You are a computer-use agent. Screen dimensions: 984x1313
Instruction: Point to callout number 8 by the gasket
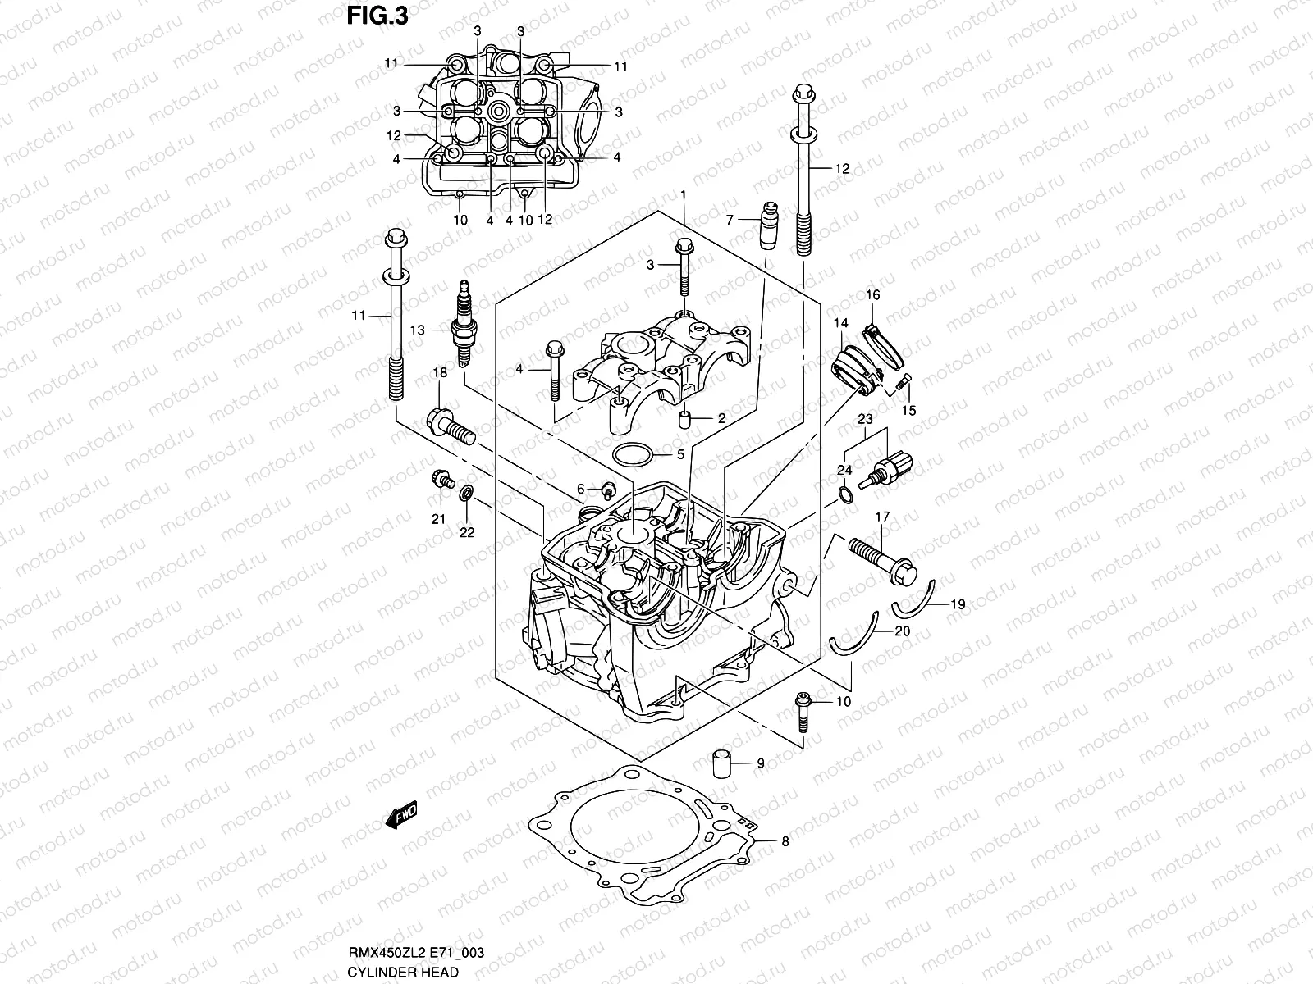tap(785, 840)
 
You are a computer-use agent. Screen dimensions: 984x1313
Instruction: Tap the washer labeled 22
tap(467, 494)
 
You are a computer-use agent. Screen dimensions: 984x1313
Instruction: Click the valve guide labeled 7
tap(769, 225)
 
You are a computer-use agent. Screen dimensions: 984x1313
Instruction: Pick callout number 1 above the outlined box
tap(683, 194)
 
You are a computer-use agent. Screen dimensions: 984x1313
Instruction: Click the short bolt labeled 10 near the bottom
tap(803, 712)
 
